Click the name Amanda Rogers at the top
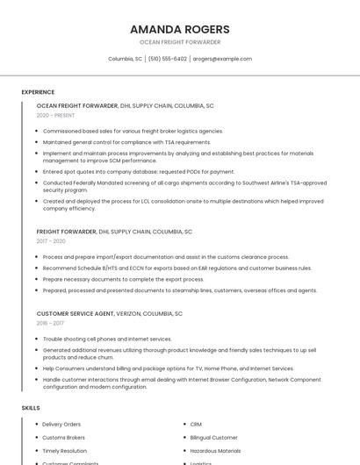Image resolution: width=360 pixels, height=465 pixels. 179,29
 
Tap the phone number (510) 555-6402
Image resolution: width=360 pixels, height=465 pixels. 167,59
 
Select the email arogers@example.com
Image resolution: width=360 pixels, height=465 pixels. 222,59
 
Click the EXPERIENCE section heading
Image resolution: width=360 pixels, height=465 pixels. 38,92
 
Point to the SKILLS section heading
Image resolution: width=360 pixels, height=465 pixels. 31,408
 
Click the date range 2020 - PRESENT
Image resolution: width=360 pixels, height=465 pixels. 55,115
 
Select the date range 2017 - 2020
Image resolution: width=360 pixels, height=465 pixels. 51,241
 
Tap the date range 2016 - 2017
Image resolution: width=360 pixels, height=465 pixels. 50,323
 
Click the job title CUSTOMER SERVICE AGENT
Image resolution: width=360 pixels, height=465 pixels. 75,313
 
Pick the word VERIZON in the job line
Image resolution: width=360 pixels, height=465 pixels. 131,313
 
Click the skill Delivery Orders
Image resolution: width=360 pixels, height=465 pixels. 61,425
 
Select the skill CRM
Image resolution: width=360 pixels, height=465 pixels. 196,425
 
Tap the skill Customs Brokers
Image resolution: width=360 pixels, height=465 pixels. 63,438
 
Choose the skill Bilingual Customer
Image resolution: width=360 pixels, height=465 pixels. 213,438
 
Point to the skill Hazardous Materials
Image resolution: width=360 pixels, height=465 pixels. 215,451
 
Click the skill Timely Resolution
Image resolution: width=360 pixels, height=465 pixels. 64,451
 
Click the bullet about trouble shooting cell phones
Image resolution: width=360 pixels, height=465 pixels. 107,339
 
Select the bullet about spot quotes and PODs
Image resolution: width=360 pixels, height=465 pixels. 139,172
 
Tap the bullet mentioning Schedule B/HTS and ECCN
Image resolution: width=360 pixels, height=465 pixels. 176,268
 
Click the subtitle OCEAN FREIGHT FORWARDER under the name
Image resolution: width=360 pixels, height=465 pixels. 179,42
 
